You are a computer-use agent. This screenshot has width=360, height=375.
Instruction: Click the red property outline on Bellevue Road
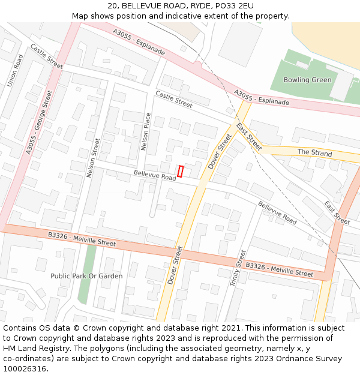(180, 171)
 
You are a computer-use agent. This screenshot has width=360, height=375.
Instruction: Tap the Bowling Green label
(307, 80)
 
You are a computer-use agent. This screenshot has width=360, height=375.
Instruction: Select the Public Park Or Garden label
(86, 276)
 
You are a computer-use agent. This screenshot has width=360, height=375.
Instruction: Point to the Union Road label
(15, 70)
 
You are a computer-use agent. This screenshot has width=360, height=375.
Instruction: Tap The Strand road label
(314, 153)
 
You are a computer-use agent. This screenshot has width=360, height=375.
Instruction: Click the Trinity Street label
(238, 268)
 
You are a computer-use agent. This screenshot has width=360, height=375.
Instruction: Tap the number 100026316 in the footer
(25, 369)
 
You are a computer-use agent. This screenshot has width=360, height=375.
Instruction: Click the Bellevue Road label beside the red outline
(155, 175)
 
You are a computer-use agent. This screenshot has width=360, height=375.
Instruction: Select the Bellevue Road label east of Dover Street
(277, 212)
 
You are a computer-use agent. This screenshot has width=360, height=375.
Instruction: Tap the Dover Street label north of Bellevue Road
(220, 152)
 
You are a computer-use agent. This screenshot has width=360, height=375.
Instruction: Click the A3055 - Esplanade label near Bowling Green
(262, 98)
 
